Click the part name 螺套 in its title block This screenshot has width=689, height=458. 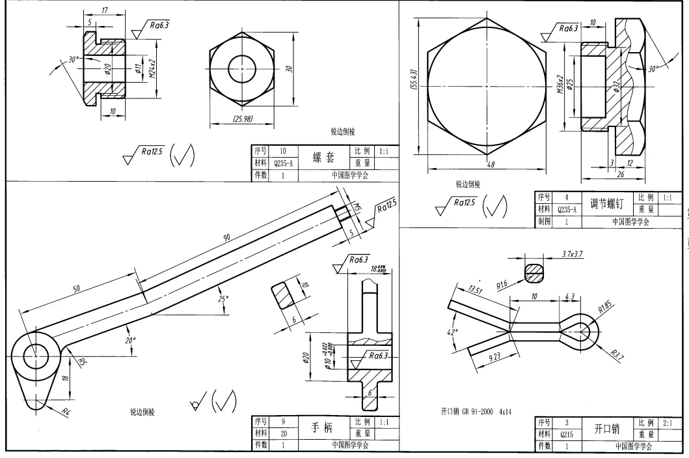(x=323, y=158)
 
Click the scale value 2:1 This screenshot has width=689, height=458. (x=666, y=423)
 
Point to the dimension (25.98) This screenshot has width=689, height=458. (x=242, y=119)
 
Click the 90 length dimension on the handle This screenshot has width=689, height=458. (x=227, y=239)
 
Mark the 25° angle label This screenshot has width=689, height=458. (x=223, y=299)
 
